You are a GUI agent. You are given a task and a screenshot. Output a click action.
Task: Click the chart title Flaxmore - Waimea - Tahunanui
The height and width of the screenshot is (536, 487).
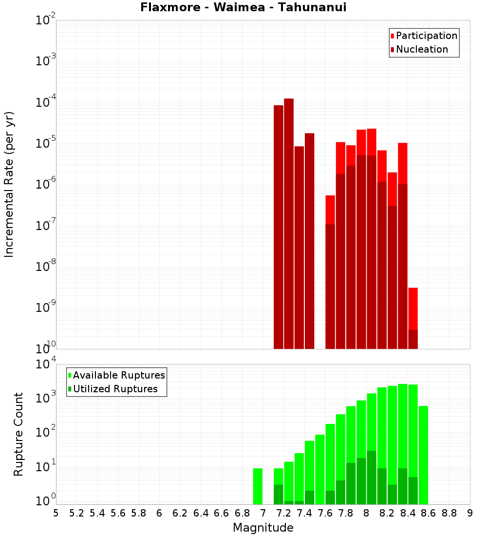coord(243,7)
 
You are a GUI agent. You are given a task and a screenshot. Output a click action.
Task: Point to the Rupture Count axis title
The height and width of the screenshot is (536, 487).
coord(19,434)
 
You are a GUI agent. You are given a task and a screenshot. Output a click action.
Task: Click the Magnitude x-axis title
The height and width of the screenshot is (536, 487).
coord(263,528)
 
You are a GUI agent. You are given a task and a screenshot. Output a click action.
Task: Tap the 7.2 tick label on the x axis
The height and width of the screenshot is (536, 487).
coord(283,513)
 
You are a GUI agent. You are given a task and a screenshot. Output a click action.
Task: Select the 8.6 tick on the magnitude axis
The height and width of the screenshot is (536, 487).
coord(429,513)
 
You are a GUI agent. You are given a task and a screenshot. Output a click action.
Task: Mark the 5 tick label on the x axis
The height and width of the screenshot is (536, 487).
coord(56,513)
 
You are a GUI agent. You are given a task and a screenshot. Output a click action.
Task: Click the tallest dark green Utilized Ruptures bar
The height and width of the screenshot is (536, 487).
coord(372,478)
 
